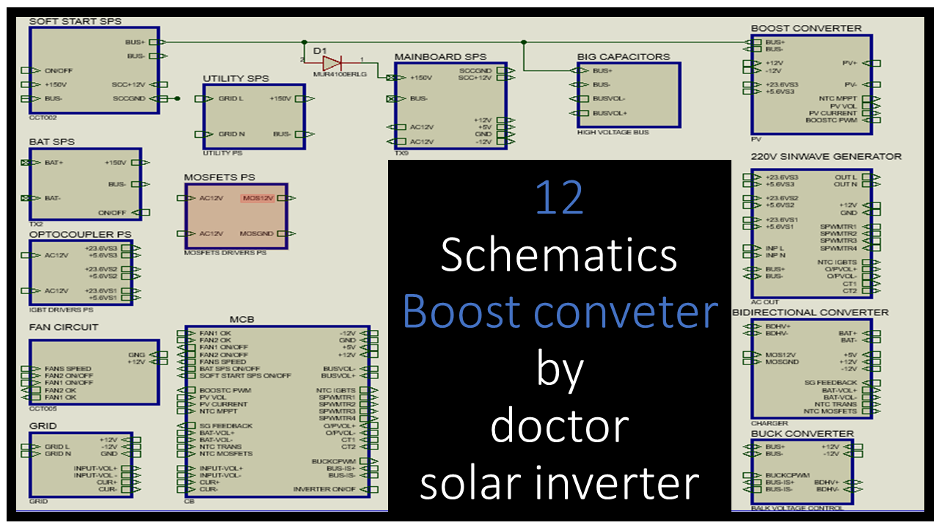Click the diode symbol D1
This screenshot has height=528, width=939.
(x=332, y=62)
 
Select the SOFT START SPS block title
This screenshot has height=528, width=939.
(x=75, y=21)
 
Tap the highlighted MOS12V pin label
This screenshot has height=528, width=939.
(x=257, y=198)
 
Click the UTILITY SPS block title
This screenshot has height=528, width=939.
(x=235, y=78)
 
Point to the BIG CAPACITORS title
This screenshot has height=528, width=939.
(x=624, y=56)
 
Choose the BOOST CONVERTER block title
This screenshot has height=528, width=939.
(x=805, y=28)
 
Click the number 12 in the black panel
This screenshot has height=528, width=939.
(x=559, y=198)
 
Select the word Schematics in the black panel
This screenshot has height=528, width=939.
(x=559, y=255)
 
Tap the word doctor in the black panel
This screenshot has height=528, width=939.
(x=559, y=425)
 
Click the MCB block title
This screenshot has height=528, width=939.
(x=241, y=320)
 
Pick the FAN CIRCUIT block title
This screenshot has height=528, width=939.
(x=63, y=327)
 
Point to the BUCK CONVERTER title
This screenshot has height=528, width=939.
(x=802, y=433)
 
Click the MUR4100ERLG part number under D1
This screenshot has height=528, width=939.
(x=339, y=74)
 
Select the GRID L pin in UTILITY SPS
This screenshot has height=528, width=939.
(x=231, y=98)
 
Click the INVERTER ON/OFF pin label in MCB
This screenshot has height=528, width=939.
(x=324, y=489)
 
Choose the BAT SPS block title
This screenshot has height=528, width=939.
(x=51, y=142)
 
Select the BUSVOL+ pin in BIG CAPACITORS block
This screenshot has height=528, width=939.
(x=610, y=113)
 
